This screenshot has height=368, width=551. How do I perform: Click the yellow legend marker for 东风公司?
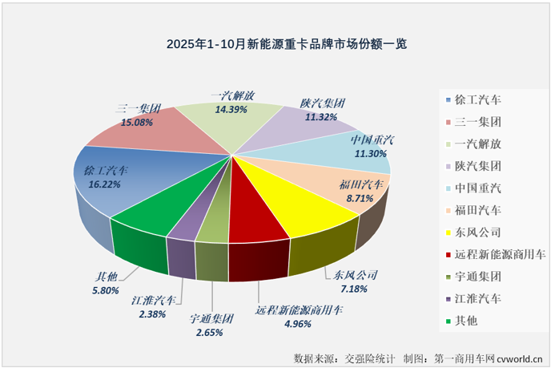click(x=448, y=233)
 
